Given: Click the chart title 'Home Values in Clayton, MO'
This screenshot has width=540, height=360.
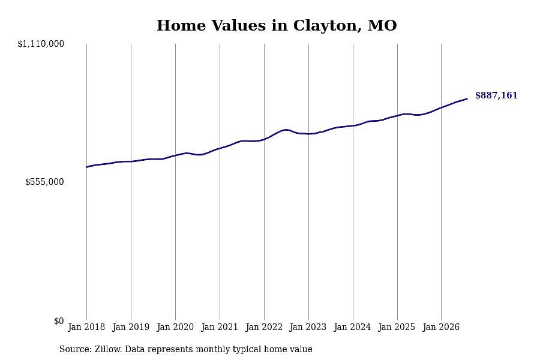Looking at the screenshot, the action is pyautogui.click(x=277, y=25).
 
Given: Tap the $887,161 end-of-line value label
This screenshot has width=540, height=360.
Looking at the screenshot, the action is pyautogui.click(x=496, y=95).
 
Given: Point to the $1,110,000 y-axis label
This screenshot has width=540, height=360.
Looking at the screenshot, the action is pyautogui.click(x=41, y=44).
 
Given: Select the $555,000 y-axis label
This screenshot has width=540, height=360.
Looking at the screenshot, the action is pyautogui.click(x=44, y=182).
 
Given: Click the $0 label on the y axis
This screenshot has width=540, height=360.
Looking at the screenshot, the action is pyautogui.click(x=59, y=321).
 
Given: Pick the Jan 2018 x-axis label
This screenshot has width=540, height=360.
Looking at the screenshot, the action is pyautogui.click(x=86, y=327).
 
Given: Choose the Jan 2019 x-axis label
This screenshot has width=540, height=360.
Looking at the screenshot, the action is pyautogui.click(x=131, y=327).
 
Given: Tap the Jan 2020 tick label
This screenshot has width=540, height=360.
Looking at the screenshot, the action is pyautogui.click(x=175, y=327).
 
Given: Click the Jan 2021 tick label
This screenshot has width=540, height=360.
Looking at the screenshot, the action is pyautogui.click(x=220, y=327).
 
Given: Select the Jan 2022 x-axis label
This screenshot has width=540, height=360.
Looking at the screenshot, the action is pyautogui.click(x=264, y=327).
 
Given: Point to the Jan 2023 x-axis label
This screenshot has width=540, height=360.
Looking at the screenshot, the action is pyautogui.click(x=308, y=327).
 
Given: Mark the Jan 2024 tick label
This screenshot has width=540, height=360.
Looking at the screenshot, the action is pyautogui.click(x=352, y=327).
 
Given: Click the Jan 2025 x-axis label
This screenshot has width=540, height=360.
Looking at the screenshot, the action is pyautogui.click(x=397, y=327).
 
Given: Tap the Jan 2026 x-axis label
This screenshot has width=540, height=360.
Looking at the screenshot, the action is pyautogui.click(x=441, y=327).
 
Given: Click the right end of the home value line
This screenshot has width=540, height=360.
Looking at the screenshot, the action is pyautogui.click(x=467, y=99).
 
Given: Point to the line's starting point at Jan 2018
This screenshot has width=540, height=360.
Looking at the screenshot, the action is pyautogui.click(x=86, y=167).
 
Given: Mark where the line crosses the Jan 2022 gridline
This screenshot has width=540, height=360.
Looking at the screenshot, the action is pyautogui.click(x=264, y=139).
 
